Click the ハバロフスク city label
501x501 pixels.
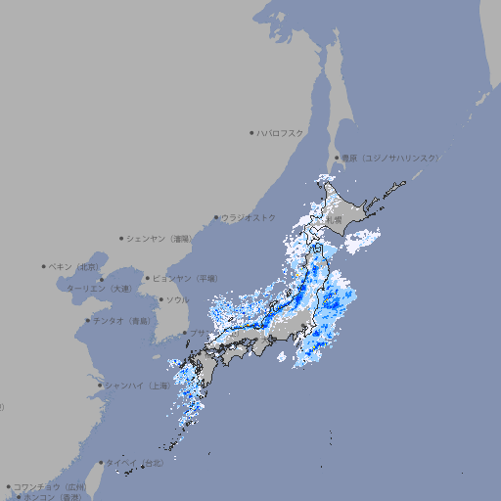(281, 132)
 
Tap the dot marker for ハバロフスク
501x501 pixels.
(251, 132)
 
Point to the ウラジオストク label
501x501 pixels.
(250, 217)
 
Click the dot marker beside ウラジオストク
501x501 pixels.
(216, 217)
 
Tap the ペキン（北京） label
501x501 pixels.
(75, 266)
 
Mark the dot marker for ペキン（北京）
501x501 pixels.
(44, 266)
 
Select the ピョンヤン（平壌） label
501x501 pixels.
(186, 278)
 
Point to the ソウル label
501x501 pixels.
(177, 299)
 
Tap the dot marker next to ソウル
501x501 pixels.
(160, 299)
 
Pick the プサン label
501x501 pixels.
(199, 333)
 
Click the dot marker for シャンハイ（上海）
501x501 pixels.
(100, 385)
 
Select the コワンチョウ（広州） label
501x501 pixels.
(50, 486)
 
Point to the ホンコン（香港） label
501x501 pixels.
(49, 497)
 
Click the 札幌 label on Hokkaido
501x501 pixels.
(335, 221)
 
